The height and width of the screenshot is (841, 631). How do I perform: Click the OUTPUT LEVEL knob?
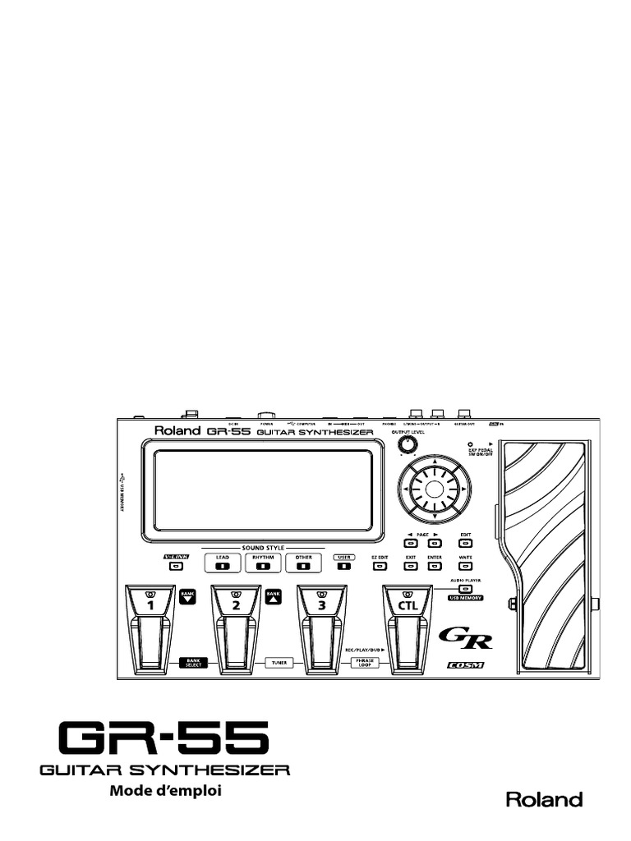pyautogui.click(x=405, y=444)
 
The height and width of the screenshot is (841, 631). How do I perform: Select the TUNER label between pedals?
pyautogui.click(x=279, y=661)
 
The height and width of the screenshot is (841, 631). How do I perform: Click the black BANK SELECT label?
pyautogui.click(x=193, y=661)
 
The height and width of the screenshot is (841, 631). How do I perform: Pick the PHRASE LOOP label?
pyautogui.click(x=364, y=661)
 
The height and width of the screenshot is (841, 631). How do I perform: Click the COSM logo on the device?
pyautogui.click(x=465, y=664)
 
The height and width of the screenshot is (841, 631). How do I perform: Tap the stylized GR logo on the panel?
pyautogui.click(x=465, y=637)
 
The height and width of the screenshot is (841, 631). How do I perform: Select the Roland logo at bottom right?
pyautogui.click(x=543, y=799)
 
